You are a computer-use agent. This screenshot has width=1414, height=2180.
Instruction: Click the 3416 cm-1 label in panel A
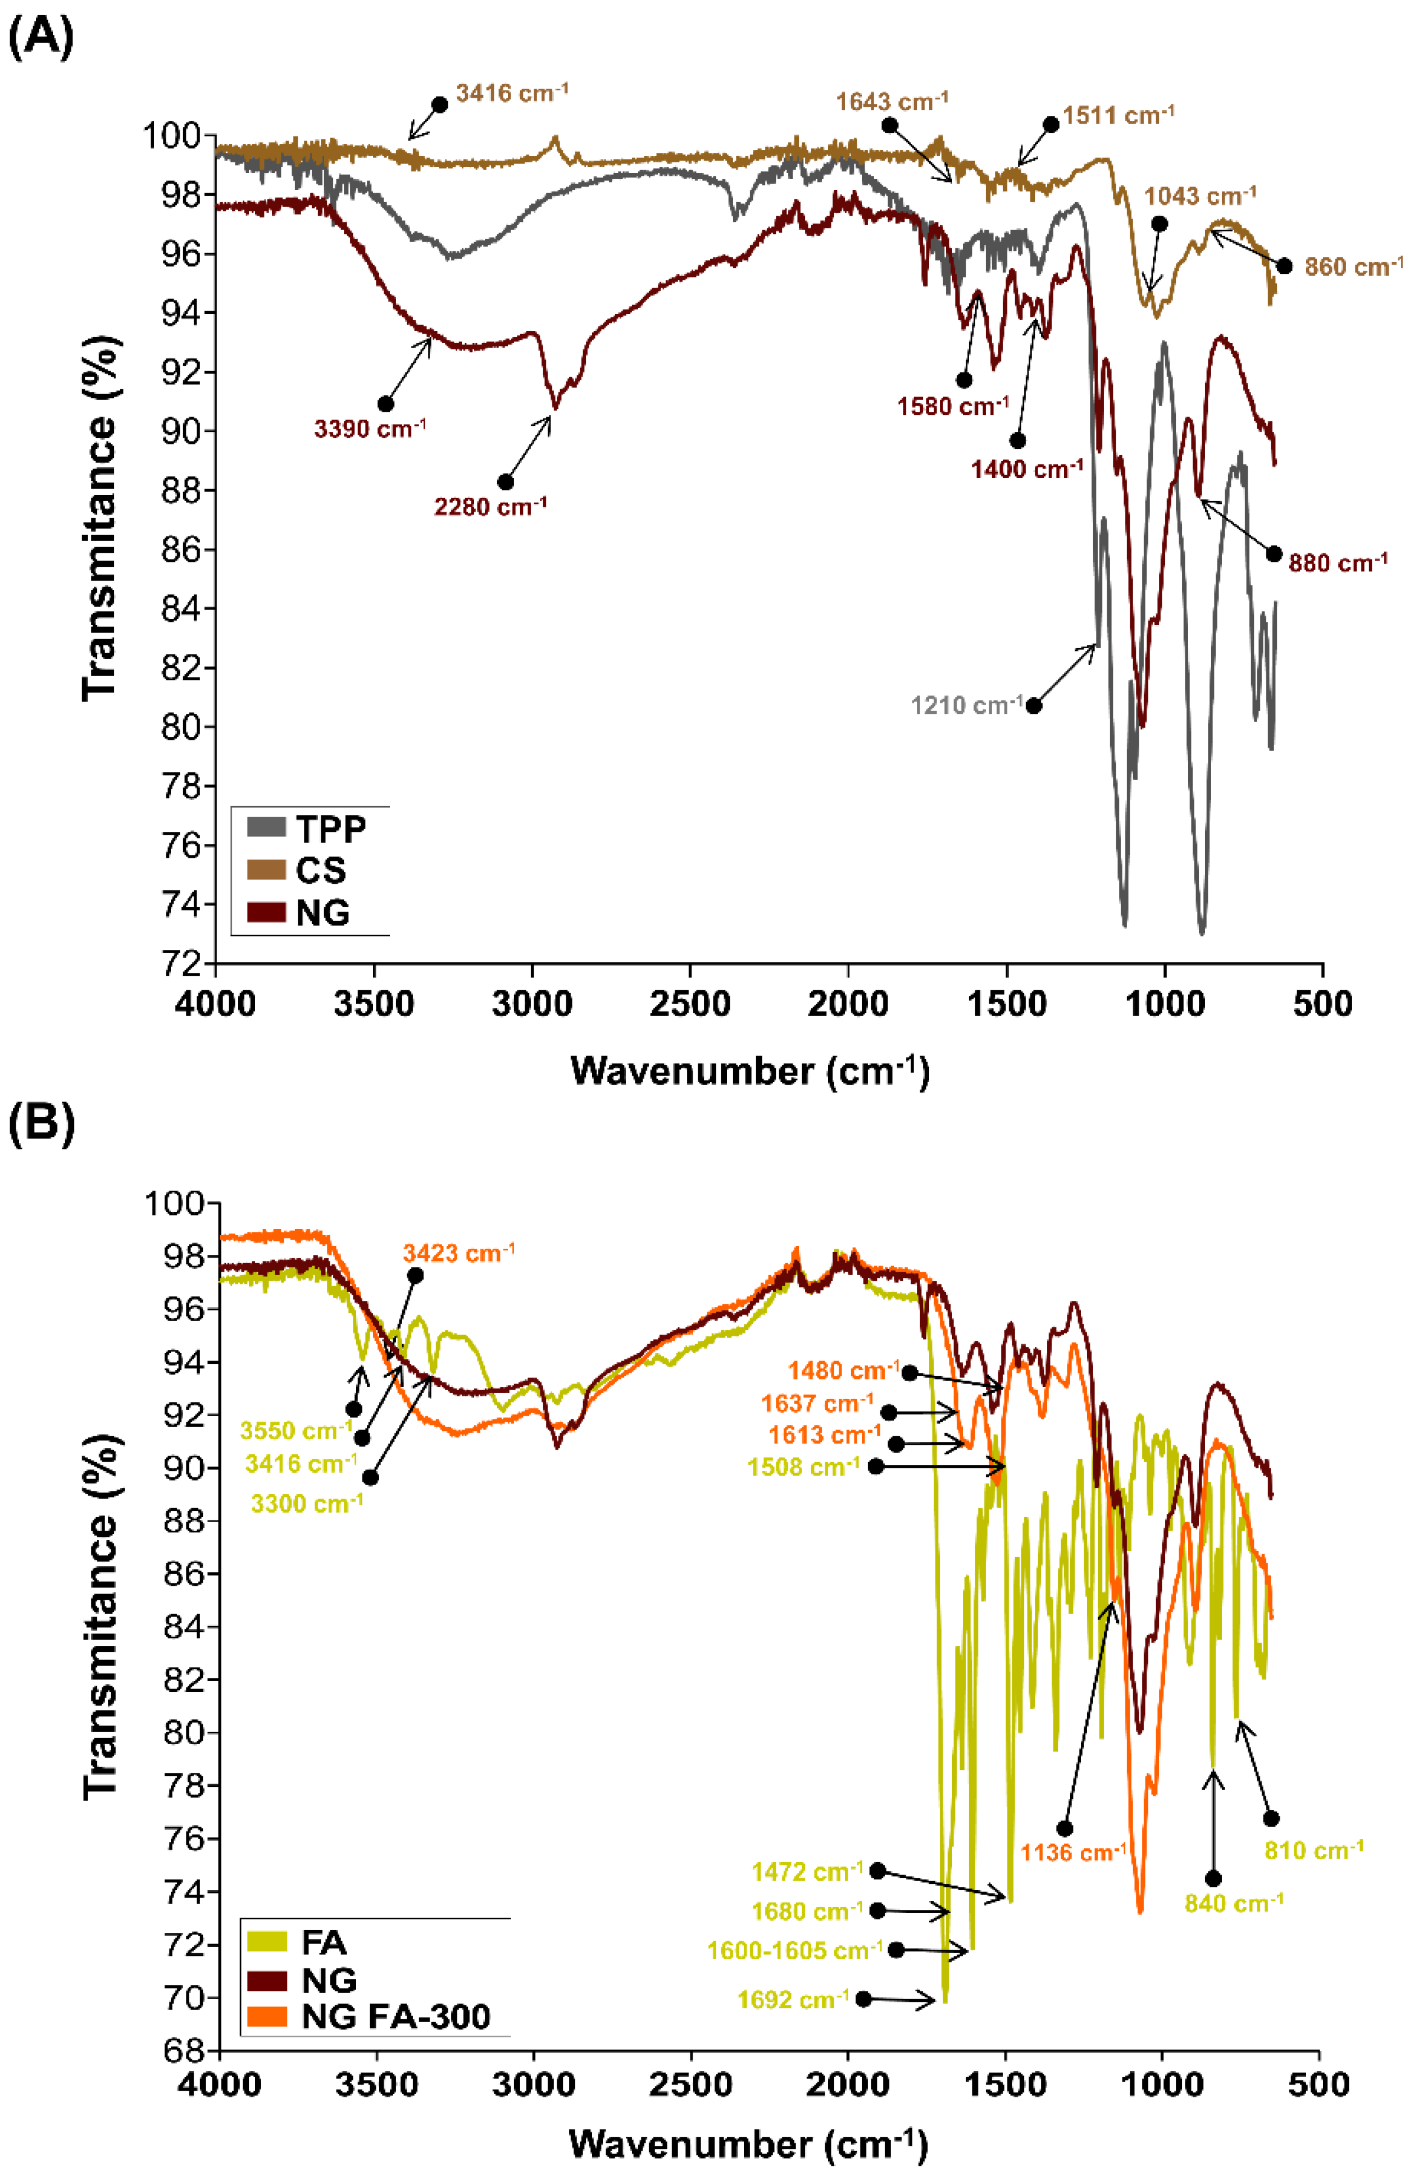click(x=511, y=93)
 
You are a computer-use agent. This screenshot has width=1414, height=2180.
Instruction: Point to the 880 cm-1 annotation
click(x=1337, y=562)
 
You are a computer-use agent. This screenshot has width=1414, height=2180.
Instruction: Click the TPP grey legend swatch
click(x=266, y=827)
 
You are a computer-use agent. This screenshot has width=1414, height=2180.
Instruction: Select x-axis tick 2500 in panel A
click(x=690, y=1004)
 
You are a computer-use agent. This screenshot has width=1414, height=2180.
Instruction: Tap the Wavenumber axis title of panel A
click(x=749, y=1071)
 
